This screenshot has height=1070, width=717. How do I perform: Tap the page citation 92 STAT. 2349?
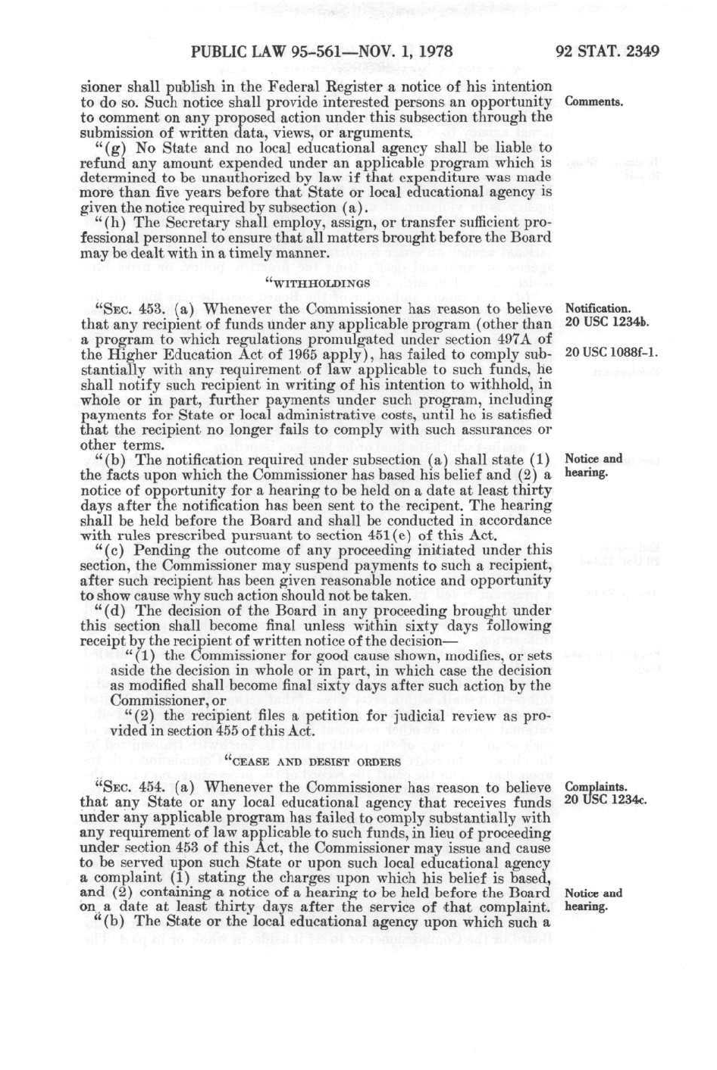pos(607,52)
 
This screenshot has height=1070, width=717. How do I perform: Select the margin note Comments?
pos(593,101)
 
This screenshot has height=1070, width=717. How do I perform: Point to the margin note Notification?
pos(598,308)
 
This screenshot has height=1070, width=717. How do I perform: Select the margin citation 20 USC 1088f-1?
pos(612,353)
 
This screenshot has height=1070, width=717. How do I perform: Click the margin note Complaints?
pos(596,787)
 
